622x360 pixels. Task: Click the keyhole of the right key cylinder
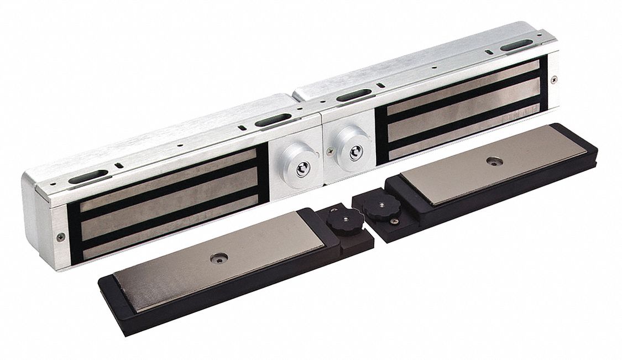click(x=352, y=152)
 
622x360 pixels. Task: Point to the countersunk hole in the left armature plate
click(x=217, y=258)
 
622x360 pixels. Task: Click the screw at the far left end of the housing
click(x=60, y=236)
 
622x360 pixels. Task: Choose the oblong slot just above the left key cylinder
click(x=273, y=118)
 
